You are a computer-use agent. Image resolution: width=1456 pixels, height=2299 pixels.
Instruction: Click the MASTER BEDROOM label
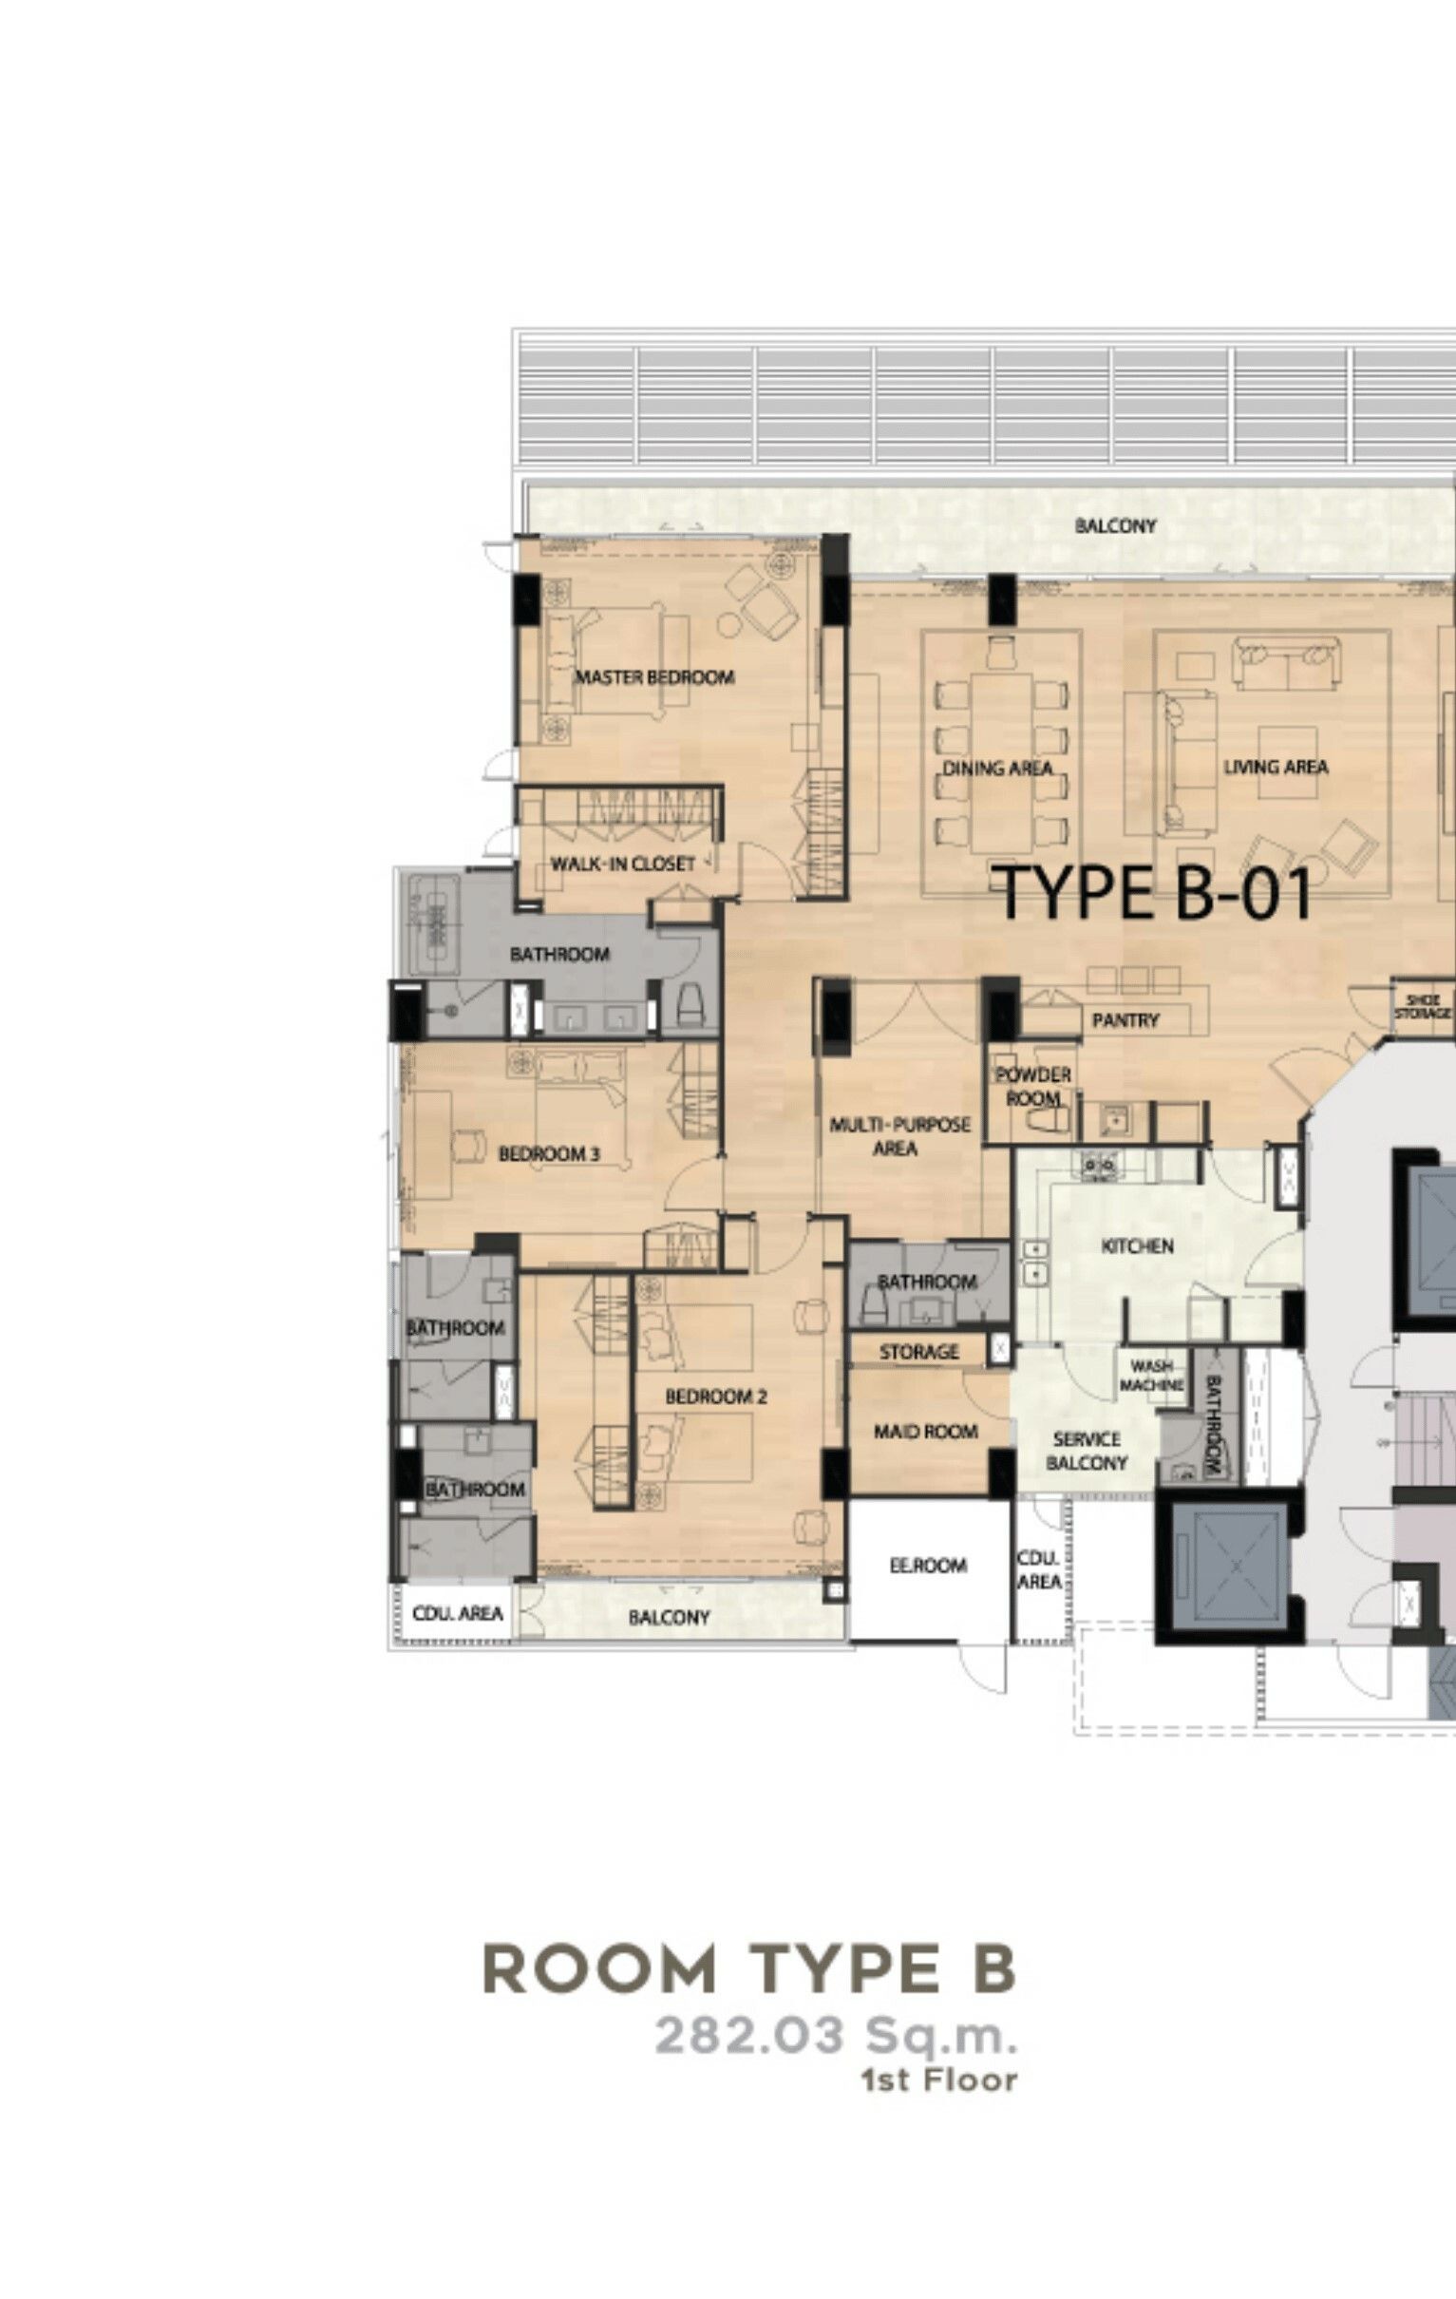[654, 677]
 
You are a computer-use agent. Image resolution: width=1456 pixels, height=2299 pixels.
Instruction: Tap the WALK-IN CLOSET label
[622, 864]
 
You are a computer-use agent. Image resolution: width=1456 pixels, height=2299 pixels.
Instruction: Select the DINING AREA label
[996, 768]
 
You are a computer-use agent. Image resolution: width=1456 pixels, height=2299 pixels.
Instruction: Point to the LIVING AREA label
[1276, 766]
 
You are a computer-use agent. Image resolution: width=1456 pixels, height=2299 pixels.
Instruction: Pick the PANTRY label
[1125, 1019]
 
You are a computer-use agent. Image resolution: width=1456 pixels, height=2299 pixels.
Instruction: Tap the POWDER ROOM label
[1033, 1086]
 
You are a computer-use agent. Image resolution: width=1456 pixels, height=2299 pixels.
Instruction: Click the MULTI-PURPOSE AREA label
[899, 1136]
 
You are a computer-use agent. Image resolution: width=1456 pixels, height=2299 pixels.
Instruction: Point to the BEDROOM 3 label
[549, 1153]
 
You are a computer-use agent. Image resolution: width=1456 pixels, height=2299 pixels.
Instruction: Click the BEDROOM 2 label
[716, 1396]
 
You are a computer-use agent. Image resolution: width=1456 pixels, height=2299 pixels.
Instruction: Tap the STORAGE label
[918, 1351]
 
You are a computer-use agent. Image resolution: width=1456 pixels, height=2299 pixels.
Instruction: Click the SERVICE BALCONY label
[1087, 1451]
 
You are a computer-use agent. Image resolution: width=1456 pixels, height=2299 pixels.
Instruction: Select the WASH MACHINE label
[1151, 1375]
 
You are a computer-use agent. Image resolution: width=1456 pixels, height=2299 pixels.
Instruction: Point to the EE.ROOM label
[928, 1565]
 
